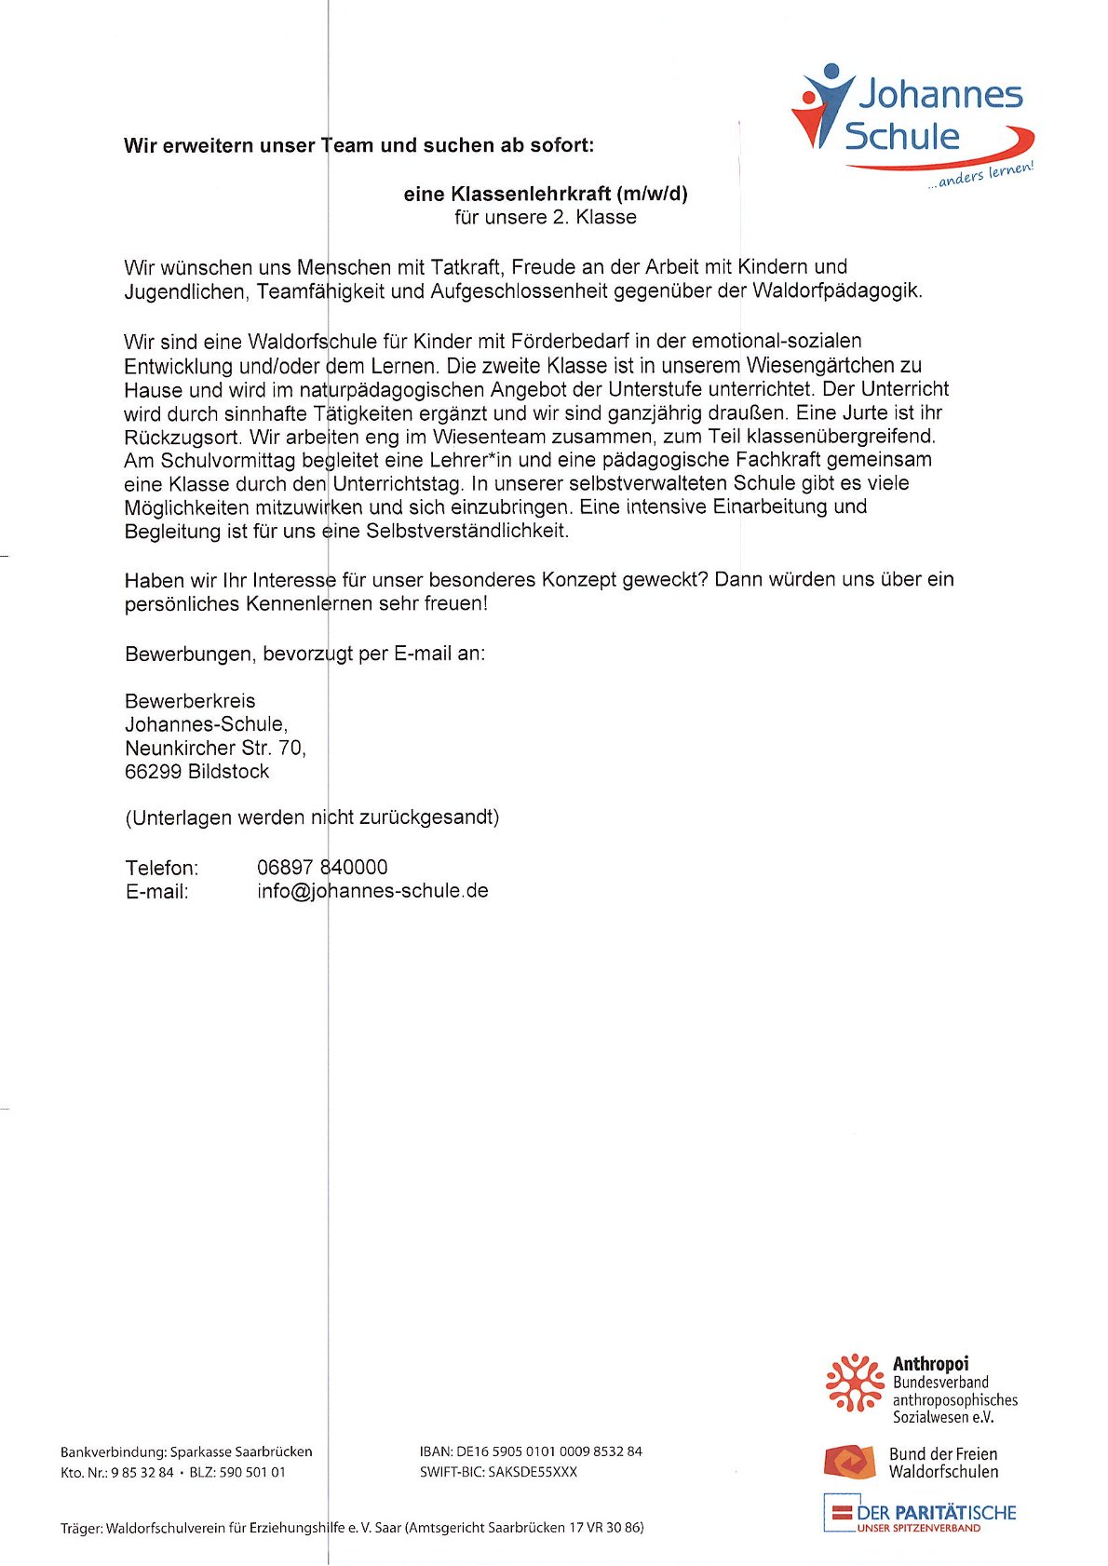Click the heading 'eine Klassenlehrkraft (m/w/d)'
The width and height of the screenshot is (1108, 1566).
[545, 194]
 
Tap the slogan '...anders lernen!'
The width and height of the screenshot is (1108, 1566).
[980, 174]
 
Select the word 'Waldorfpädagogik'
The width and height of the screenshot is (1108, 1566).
[836, 290]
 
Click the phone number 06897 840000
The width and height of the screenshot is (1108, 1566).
[322, 867]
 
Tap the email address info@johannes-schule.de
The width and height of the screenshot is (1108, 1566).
[372, 890]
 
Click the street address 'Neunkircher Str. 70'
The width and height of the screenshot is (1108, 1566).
[215, 748]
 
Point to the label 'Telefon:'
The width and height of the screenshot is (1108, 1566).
[162, 868]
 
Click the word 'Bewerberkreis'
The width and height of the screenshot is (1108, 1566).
[190, 700]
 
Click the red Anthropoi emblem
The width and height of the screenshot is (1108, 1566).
[854, 1383]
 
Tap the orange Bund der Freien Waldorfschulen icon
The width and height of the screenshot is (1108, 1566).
[848, 1462]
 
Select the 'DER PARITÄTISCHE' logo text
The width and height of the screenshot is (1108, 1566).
[936, 1512]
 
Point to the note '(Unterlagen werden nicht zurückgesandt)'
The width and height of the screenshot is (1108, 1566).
[312, 817]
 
